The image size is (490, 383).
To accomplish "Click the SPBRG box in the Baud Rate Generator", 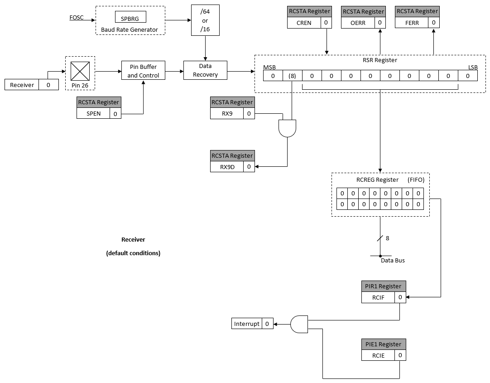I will point(130,19).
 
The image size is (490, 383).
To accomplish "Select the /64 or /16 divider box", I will point(205,21).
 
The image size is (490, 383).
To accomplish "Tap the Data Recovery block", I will point(205,70).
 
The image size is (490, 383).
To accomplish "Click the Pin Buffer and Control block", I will point(143,71).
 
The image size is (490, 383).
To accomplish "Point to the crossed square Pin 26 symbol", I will point(80,71).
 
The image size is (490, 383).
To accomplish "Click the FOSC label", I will point(76,18).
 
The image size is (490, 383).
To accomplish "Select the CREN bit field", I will point(304,23).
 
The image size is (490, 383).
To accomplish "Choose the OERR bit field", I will point(358,23).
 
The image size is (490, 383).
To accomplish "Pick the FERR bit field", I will point(412,23).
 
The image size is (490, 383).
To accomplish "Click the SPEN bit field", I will point(93,113).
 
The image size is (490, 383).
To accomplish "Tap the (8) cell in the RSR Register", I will point(292,76).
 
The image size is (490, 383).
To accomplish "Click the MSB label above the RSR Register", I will point(269,67).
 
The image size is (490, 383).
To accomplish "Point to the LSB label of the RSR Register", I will point(472,67).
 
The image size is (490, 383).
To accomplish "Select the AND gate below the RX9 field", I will point(287,129).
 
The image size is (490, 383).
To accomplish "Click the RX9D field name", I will point(227,167).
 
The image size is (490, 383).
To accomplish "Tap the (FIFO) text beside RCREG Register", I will point(416,179).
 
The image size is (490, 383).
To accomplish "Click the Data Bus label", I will point(392,260).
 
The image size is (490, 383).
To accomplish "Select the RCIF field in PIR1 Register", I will point(378,298).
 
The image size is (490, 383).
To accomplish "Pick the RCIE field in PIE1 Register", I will point(378,355).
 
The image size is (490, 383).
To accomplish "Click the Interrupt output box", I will point(247,324).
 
